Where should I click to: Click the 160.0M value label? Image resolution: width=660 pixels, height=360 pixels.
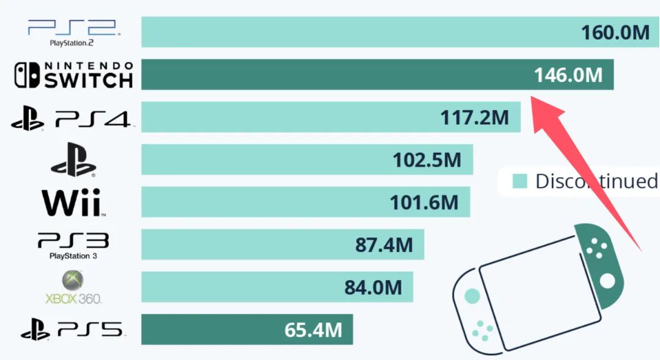point(615,32)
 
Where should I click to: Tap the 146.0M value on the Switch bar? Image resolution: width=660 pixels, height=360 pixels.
point(568,75)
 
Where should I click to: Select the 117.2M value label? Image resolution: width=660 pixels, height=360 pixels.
point(474,117)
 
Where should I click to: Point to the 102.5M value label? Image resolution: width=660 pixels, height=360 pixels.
point(427,160)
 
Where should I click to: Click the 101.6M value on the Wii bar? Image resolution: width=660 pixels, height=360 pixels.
point(424,202)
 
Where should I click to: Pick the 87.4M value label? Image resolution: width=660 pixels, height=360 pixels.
point(384,245)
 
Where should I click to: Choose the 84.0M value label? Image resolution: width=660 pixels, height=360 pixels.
point(373,287)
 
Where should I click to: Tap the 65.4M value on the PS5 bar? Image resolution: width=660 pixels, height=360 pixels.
point(313,330)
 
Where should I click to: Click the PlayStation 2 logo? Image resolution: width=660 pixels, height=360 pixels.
point(72,32)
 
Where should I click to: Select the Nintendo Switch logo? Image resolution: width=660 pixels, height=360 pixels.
point(73,75)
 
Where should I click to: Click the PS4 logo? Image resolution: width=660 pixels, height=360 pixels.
point(71,118)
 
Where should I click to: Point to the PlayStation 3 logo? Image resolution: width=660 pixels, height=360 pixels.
point(73,244)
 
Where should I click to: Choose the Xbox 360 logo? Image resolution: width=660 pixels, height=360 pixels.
point(73,287)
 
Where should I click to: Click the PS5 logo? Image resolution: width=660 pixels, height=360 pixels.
point(72,330)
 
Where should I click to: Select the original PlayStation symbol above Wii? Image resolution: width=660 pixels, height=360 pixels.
point(73,160)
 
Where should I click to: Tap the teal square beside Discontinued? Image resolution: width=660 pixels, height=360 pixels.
point(519,181)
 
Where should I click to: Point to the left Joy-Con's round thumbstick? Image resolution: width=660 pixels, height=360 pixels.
point(472,296)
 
